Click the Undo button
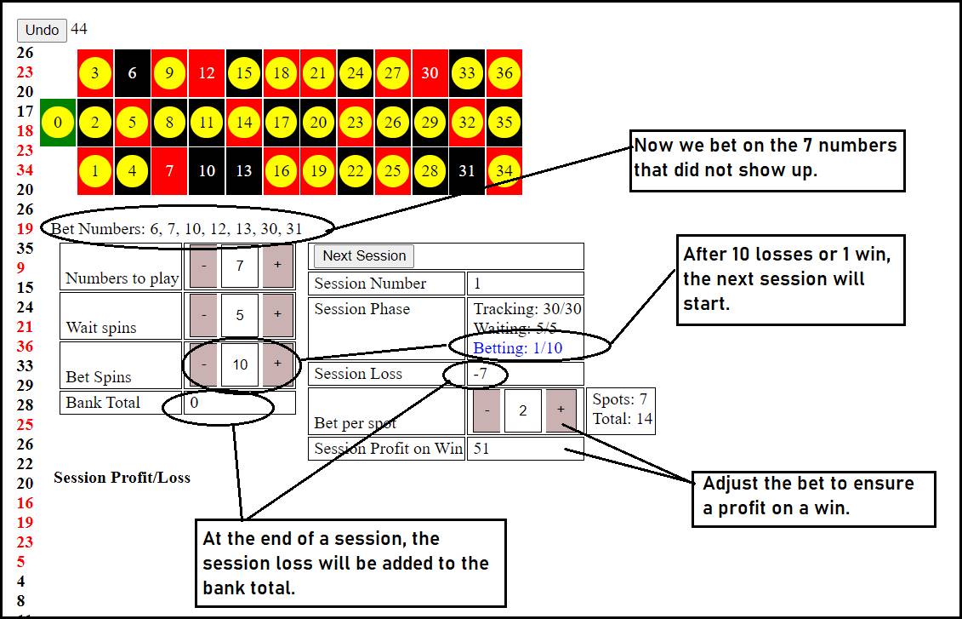(42, 30)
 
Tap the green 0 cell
(58, 123)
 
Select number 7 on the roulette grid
(169, 171)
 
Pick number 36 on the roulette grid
(504, 73)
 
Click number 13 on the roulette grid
(243, 171)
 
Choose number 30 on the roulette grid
(430, 73)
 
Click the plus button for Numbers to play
(277, 266)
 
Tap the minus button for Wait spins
(203, 314)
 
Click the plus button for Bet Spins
(277, 364)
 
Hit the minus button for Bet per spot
(487, 410)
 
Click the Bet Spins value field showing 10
(240, 364)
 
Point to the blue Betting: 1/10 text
(518, 348)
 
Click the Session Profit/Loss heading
(122, 478)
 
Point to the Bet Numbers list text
(177, 229)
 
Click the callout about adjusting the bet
(813, 499)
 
